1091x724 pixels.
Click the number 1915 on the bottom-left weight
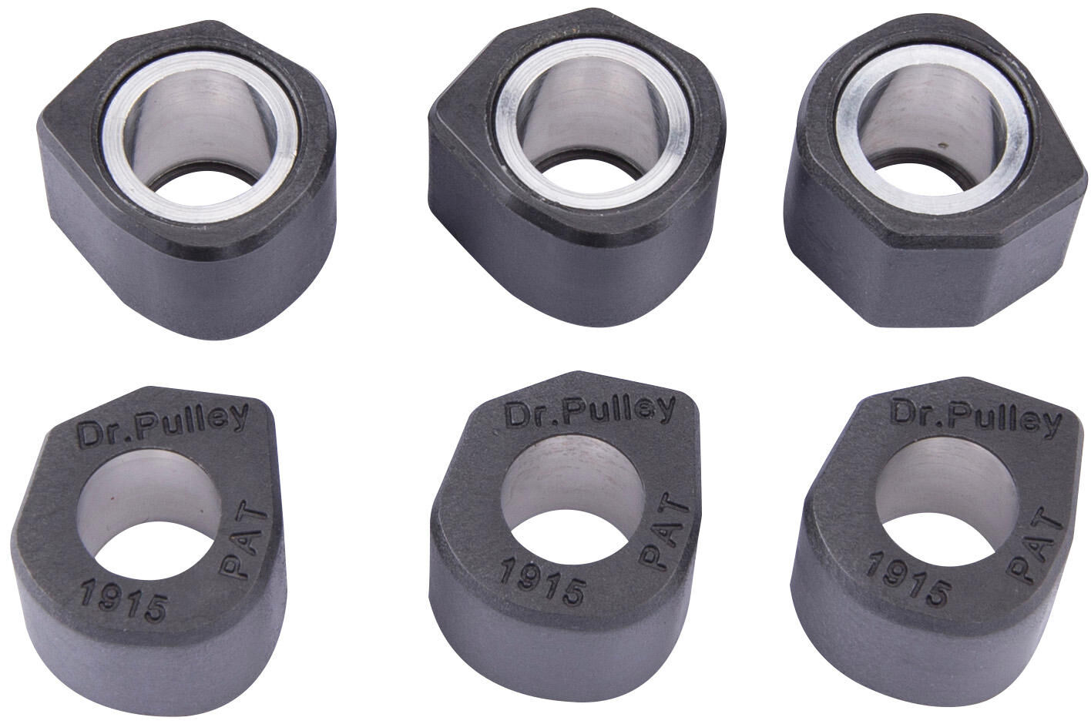coord(124,602)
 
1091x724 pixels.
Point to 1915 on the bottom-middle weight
coord(542,578)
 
